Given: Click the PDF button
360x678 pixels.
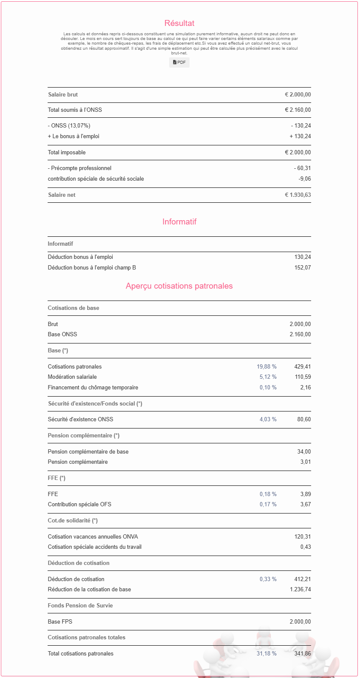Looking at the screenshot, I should (179, 62).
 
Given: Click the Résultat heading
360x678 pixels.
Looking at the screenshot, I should (179, 23).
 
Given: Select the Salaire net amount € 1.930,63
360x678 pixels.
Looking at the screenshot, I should (298, 195).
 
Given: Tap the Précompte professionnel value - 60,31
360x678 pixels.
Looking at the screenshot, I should (302, 168).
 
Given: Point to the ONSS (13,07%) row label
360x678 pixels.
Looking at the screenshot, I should (69, 126).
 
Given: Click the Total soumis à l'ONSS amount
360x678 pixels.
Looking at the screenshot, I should (298, 110).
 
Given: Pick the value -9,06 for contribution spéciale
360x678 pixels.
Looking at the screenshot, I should (304, 179).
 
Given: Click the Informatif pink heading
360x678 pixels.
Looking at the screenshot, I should (179, 222).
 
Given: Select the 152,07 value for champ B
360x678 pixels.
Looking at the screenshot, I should (302, 268).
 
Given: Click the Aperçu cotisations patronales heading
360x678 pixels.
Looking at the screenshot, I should (179, 286).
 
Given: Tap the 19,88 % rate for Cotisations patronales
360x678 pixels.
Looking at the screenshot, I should (266, 367).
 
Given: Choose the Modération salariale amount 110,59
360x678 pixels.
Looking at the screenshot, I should (303, 377).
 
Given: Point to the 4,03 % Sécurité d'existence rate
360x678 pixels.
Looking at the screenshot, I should (268, 420).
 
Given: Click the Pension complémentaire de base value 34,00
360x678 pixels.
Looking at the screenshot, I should (304, 452).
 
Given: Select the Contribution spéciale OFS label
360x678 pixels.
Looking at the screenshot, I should (79, 505).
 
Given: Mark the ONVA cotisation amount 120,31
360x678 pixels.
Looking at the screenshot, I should (302, 537).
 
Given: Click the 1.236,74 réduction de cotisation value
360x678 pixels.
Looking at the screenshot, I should (300, 590).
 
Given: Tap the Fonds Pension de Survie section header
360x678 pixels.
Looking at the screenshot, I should (80, 606).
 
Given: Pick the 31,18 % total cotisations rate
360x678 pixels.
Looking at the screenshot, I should (266, 654).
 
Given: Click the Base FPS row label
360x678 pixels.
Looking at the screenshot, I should (60, 622).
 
